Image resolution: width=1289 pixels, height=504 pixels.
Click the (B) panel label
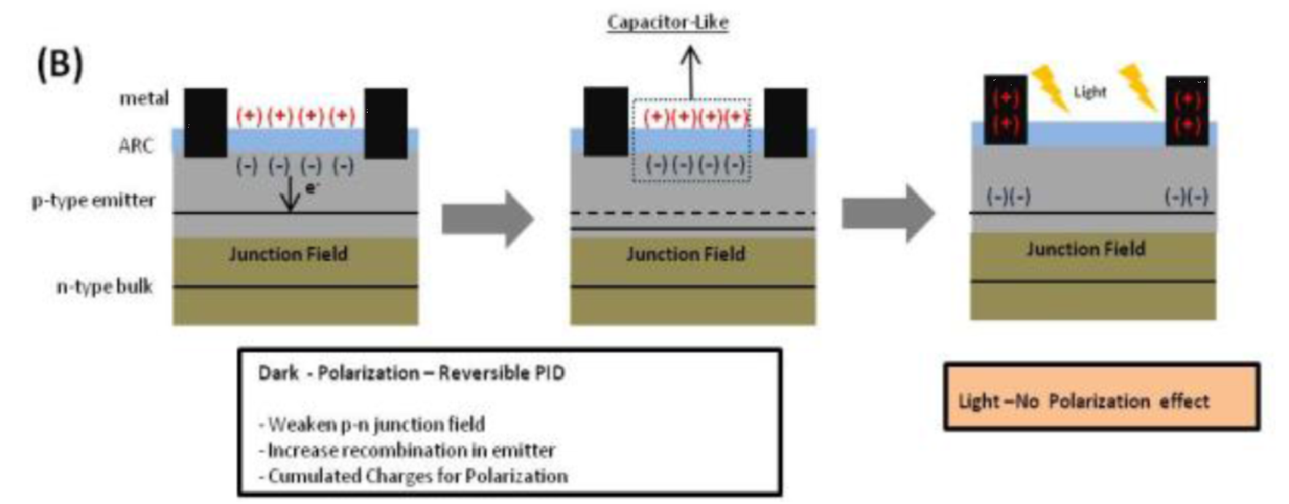click(x=59, y=63)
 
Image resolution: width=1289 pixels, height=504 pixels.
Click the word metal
click(x=143, y=98)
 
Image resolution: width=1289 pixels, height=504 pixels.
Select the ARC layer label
click(x=136, y=145)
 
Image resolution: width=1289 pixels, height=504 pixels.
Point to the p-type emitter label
click(x=94, y=200)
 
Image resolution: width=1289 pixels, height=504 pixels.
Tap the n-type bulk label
click(x=104, y=286)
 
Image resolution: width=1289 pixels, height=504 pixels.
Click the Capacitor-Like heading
click(x=668, y=22)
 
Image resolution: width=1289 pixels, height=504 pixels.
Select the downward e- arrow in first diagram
click(x=290, y=194)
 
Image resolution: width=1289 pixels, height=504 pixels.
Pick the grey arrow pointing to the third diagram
click(x=888, y=213)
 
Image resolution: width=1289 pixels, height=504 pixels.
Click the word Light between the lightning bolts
click(x=1090, y=92)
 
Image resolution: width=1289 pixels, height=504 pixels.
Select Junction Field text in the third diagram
click(x=1086, y=249)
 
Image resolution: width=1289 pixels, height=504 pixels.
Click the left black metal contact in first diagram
click(x=205, y=122)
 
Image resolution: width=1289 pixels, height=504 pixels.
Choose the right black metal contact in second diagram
click(x=785, y=122)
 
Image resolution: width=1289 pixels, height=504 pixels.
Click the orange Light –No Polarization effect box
click(x=1101, y=397)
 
